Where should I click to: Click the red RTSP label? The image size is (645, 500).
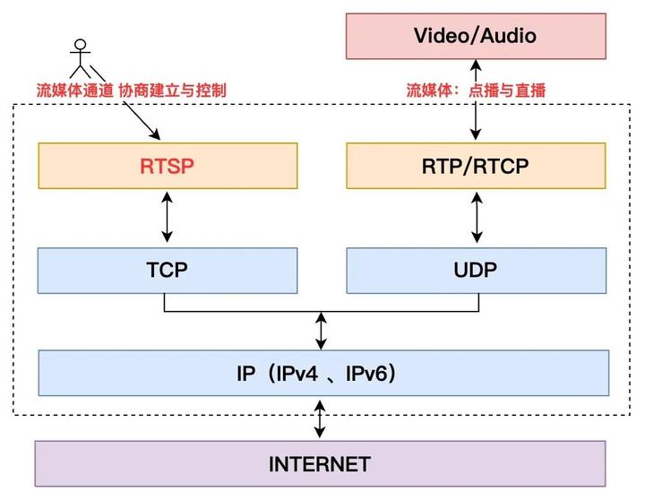(167, 166)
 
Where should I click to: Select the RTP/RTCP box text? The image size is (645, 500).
(475, 167)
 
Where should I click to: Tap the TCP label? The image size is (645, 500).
(167, 270)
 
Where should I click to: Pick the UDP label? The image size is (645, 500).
(475, 270)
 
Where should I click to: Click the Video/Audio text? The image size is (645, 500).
(475, 36)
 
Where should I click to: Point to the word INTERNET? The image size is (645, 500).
(320, 464)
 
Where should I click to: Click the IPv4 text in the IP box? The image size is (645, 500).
(297, 374)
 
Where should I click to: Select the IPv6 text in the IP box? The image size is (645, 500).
(366, 374)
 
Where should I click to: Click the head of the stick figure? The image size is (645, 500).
(81, 45)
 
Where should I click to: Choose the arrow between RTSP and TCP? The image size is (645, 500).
(167, 217)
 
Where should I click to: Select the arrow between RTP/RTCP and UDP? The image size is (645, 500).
(477, 217)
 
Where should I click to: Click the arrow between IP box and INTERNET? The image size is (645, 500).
(320, 419)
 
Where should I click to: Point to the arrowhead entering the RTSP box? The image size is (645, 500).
(156, 134)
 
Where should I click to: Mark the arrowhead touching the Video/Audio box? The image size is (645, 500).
(476, 64)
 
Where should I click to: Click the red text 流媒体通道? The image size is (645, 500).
(75, 91)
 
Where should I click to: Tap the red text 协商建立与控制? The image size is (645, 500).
(172, 91)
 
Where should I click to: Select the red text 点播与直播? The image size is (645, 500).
(507, 91)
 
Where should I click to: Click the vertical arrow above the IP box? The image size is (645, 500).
(321, 331)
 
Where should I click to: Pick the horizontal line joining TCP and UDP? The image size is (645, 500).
(322, 312)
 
